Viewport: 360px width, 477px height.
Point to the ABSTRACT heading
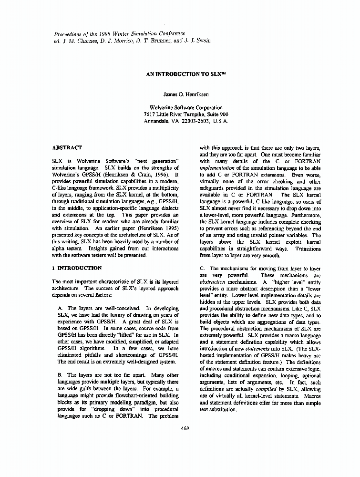tap(67, 148)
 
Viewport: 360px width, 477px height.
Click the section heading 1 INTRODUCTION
tap(77, 268)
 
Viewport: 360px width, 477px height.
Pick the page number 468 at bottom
tap(185, 428)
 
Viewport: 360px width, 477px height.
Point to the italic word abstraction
tap(213, 282)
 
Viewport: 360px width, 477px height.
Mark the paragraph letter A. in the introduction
tap(60, 309)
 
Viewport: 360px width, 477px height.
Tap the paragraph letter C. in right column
tap(202, 269)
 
